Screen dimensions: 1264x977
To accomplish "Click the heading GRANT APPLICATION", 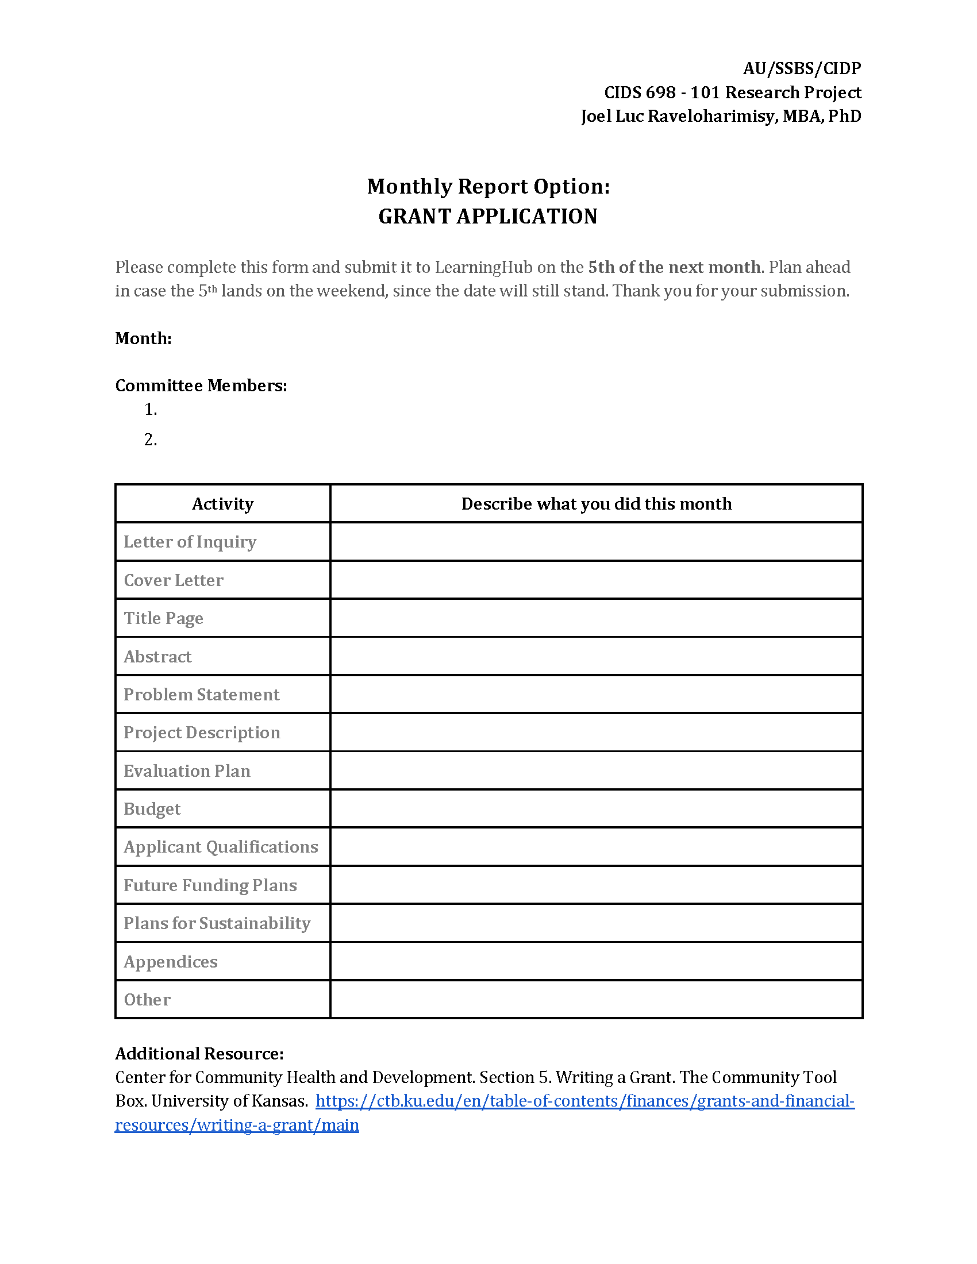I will pos(487,217).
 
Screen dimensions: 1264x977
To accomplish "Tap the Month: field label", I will pos(143,338).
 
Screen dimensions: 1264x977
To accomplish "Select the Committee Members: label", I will pos(201,386).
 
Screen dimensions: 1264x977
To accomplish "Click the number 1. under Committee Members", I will pos(151,410).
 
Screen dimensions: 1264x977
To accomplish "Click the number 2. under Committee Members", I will pos(151,440).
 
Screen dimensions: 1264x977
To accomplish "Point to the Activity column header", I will pos(223,504).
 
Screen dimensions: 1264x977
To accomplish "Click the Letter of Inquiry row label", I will pos(190,542).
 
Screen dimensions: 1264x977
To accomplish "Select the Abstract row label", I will pos(157,656).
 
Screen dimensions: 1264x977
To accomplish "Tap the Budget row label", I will pos(152,808).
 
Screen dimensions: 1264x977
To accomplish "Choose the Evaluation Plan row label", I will pos(187,771).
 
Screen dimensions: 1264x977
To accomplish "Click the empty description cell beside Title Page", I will pos(596,618).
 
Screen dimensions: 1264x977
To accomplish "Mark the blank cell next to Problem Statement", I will pos(596,695).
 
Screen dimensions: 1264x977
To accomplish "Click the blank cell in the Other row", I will pos(596,1000).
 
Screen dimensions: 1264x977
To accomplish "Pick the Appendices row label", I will pos(171,961).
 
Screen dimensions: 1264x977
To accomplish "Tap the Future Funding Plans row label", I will pos(210,885).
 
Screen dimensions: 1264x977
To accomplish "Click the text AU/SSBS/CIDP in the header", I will pos(802,69).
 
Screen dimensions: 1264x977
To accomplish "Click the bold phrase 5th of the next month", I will pos(674,267).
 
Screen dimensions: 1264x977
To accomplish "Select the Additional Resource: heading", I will pos(199,1053).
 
